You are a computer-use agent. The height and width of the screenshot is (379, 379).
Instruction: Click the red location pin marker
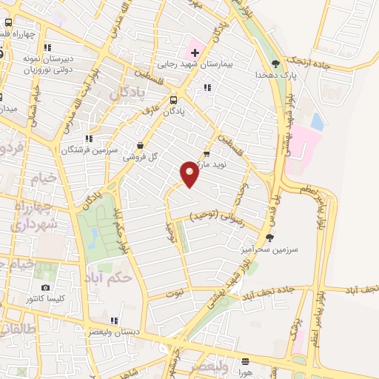[189, 173]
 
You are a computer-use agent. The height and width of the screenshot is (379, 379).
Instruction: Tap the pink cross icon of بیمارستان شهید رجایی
[195, 53]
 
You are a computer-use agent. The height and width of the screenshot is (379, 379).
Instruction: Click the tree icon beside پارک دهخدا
[275, 64]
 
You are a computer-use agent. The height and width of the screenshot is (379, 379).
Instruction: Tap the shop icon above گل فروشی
[141, 146]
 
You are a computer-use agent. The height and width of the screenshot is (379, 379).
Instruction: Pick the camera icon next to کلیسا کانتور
[46, 287]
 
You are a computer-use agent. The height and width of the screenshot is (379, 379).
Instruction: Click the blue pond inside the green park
[93, 237]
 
